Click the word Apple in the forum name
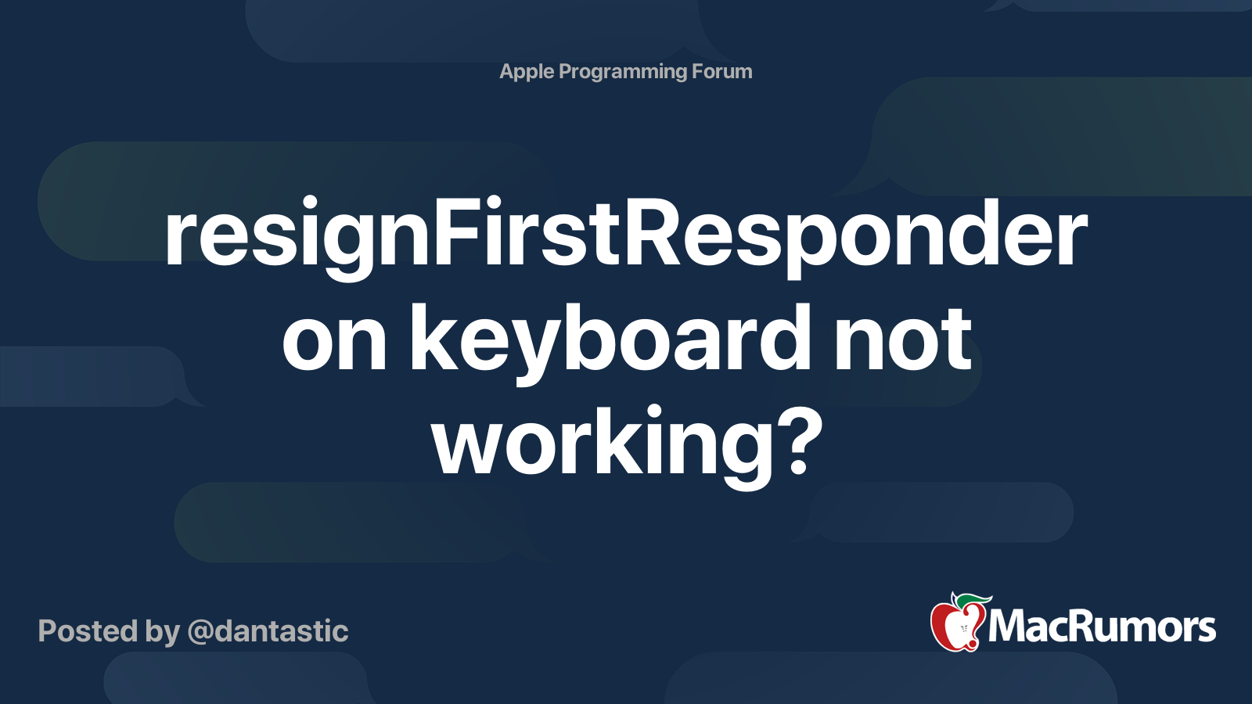(x=527, y=72)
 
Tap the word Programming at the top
(x=623, y=72)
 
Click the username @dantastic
(x=268, y=631)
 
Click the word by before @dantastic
(x=162, y=632)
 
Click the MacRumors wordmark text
(x=1102, y=627)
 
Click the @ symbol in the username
(x=200, y=632)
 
